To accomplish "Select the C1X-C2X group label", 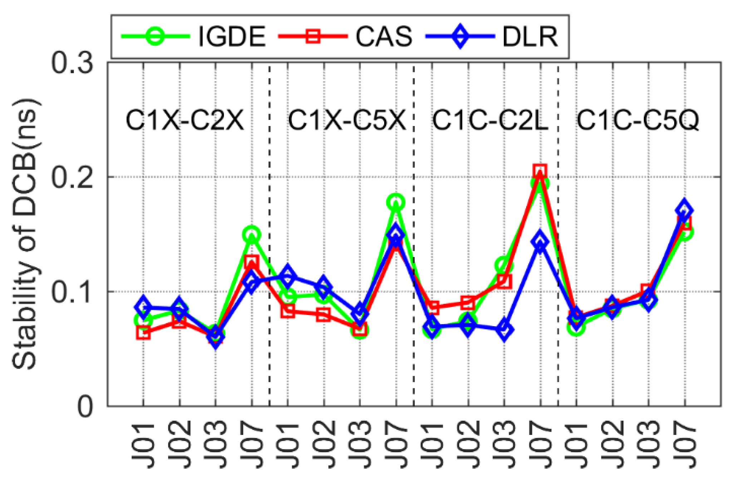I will pos(185,120).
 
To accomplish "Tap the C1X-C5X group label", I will pos(347,120).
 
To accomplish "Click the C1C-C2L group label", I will pos(490,120).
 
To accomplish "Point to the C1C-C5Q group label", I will pos(638,120).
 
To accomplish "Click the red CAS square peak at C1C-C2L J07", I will pos(540,171).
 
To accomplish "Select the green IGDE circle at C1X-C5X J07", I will pos(396,202).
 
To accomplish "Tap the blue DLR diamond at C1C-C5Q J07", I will pos(685,210).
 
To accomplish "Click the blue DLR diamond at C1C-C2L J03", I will pos(504,330).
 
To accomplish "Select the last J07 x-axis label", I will pos(685,446).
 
